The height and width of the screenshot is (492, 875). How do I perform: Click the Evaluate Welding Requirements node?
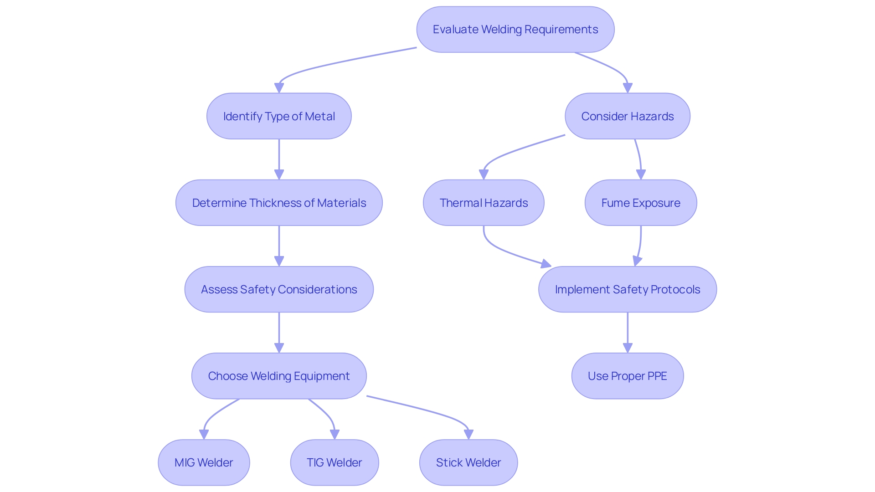pyautogui.click(x=515, y=30)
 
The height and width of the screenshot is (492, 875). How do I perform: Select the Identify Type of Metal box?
pyautogui.click(x=279, y=116)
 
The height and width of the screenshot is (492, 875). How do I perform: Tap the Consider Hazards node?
pyautogui.click(x=627, y=116)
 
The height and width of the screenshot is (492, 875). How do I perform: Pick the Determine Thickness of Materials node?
pyautogui.click(x=279, y=203)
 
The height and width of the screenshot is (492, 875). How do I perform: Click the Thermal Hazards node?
pyautogui.click(x=484, y=203)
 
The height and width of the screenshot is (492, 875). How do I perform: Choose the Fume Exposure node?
pyautogui.click(x=640, y=203)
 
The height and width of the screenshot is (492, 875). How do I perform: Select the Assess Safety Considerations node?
pyautogui.click(x=279, y=289)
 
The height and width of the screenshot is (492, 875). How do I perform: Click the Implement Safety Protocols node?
pyautogui.click(x=627, y=289)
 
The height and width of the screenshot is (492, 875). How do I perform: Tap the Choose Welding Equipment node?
pyautogui.click(x=279, y=376)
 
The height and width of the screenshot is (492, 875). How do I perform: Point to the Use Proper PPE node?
pyautogui.click(x=627, y=376)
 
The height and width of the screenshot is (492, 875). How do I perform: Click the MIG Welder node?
pyautogui.click(x=204, y=462)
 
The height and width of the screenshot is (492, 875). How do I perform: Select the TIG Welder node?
pyautogui.click(x=334, y=462)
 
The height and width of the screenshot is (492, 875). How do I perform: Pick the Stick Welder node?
pyautogui.click(x=468, y=462)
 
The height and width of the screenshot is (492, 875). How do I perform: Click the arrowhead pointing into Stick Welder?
pyautogui.click(x=468, y=435)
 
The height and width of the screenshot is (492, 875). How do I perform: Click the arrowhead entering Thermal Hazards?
pyautogui.click(x=484, y=174)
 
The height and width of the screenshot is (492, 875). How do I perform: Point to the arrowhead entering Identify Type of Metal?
pyautogui.click(x=279, y=88)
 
